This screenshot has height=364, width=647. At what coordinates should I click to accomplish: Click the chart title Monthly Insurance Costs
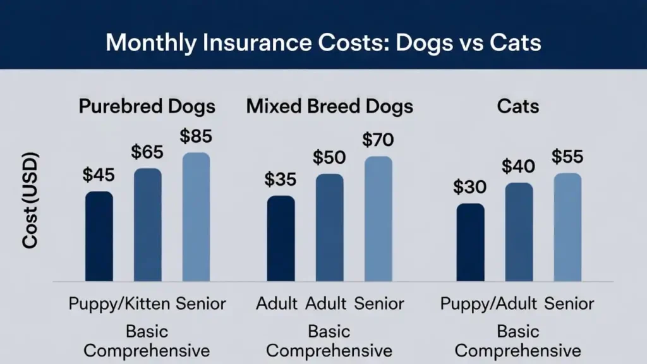click(323, 42)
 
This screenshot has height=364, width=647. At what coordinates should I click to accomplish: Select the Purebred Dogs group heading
click(147, 106)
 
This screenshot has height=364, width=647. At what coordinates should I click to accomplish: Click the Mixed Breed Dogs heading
click(329, 106)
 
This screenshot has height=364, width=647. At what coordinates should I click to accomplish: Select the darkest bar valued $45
click(99, 236)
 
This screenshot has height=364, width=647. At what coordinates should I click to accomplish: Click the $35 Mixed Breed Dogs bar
click(281, 238)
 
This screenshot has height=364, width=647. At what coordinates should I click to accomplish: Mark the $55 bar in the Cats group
click(567, 227)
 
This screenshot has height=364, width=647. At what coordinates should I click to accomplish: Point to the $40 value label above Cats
click(518, 167)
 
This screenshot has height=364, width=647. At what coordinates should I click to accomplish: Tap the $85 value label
click(196, 136)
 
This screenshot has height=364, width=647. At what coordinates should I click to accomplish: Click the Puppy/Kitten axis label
click(119, 303)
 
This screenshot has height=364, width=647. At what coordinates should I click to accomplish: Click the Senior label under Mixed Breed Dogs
click(378, 303)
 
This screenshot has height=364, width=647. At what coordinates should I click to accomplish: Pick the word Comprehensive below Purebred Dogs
click(147, 350)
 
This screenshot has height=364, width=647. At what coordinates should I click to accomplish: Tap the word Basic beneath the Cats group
click(517, 331)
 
